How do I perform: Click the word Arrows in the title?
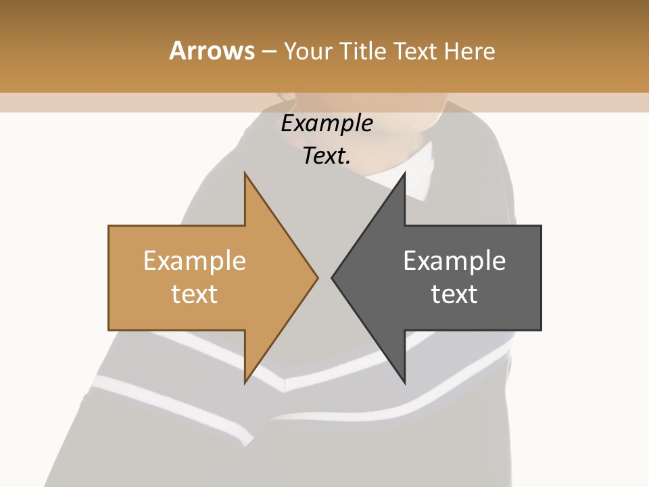pos(212,51)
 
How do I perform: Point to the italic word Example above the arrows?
pos(327,124)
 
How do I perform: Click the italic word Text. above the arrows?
pos(327,156)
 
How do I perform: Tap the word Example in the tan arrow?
pos(195,260)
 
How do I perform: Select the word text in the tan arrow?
pos(195,294)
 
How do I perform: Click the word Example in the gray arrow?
pos(454,260)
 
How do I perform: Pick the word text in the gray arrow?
pos(454,294)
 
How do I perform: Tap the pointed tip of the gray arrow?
pos(333,277)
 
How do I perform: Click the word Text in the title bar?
pos(416,51)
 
